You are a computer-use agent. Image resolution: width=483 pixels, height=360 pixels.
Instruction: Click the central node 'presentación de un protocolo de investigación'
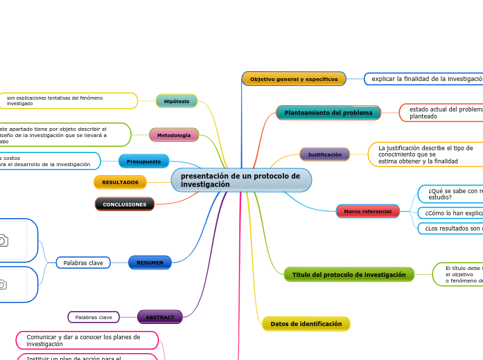pyautogui.click(x=240, y=180)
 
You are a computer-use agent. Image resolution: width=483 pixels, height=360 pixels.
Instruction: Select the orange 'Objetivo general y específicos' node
pyautogui.click(x=294, y=79)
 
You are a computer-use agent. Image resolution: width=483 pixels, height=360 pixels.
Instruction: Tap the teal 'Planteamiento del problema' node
pyautogui.click(x=328, y=113)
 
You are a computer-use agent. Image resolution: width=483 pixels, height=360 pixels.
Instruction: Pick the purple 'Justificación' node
pyautogui.click(x=324, y=154)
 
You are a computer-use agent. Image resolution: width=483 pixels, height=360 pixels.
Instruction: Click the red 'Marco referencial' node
pyautogui.click(x=367, y=211)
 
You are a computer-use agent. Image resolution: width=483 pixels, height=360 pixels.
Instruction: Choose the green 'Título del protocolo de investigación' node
pyautogui.click(x=349, y=275)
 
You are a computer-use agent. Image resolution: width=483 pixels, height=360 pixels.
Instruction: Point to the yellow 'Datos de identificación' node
pyautogui.click(x=306, y=324)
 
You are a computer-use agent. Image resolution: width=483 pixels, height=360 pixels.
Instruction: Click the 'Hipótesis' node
pyautogui.click(x=177, y=101)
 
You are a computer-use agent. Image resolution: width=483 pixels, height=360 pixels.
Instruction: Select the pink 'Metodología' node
pyautogui.click(x=174, y=135)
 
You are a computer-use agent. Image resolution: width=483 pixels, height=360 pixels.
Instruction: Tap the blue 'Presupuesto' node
pyautogui.click(x=143, y=161)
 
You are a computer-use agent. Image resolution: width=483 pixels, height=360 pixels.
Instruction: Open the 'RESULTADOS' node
pyautogui.click(x=120, y=182)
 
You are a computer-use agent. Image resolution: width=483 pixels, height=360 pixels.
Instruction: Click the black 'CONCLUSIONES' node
pyautogui.click(x=125, y=204)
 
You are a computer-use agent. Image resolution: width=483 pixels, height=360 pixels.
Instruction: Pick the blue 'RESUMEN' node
pyautogui.click(x=150, y=263)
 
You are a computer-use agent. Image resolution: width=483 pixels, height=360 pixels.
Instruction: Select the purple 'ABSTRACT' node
pyautogui.click(x=160, y=317)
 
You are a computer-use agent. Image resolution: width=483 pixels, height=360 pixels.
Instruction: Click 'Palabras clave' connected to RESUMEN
pyautogui.click(x=83, y=263)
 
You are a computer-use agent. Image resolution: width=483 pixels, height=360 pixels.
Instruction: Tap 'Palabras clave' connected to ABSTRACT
pyautogui.click(x=94, y=317)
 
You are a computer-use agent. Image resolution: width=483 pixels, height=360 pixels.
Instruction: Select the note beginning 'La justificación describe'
pyautogui.click(x=425, y=154)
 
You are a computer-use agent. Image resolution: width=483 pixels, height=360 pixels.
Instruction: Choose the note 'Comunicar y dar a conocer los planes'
pyautogui.click(x=87, y=340)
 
